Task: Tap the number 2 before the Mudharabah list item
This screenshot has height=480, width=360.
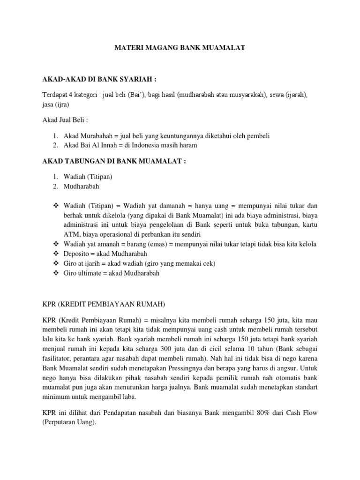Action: [x=55, y=186]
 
